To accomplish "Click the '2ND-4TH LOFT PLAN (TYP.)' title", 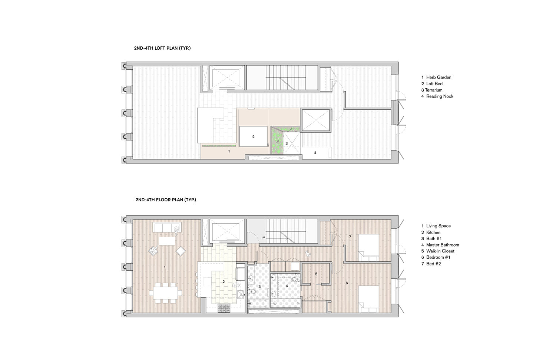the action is [162, 48].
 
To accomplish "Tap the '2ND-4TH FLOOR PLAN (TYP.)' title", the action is [166, 199].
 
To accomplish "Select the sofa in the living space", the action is [167, 227].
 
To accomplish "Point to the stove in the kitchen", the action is [224, 308].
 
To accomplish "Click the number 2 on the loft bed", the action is [253, 137].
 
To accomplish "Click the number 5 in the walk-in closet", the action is [316, 274].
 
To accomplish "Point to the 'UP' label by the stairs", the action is [263, 238].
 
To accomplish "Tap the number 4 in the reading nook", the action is [315, 153].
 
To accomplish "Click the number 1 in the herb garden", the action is [229, 151].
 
